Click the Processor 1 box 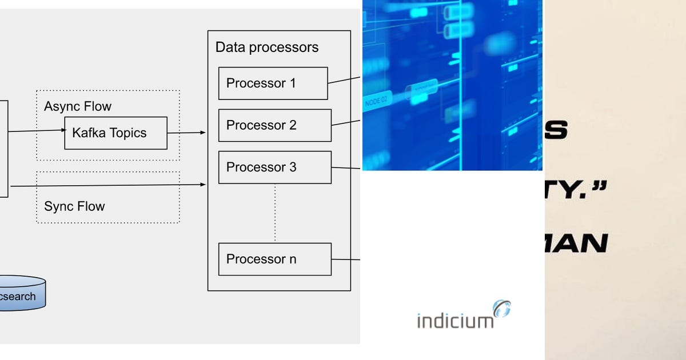pyautogui.click(x=273, y=83)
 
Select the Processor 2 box pyautogui.click(x=274, y=125)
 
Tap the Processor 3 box pyautogui.click(x=274, y=167)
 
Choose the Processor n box pyautogui.click(x=274, y=259)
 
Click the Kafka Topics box pyautogui.click(x=115, y=133)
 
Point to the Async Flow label pyautogui.click(x=78, y=106)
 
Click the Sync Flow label pyautogui.click(x=74, y=206)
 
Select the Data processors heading pyautogui.click(x=267, y=47)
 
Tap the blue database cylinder pyautogui.click(x=20, y=294)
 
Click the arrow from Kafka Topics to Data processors pyautogui.click(x=186, y=133)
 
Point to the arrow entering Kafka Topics pyautogui.click(x=37, y=131)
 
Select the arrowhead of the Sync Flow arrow pyautogui.click(x=202, y=184)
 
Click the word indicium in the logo pyautogui.click(x=454, y=321)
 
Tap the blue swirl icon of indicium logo pyautogui.click(x=501, y=309)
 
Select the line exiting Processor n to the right pyautogui.click(x=346, y=259)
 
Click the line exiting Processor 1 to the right pyautogui.click(x=344, y=80)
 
